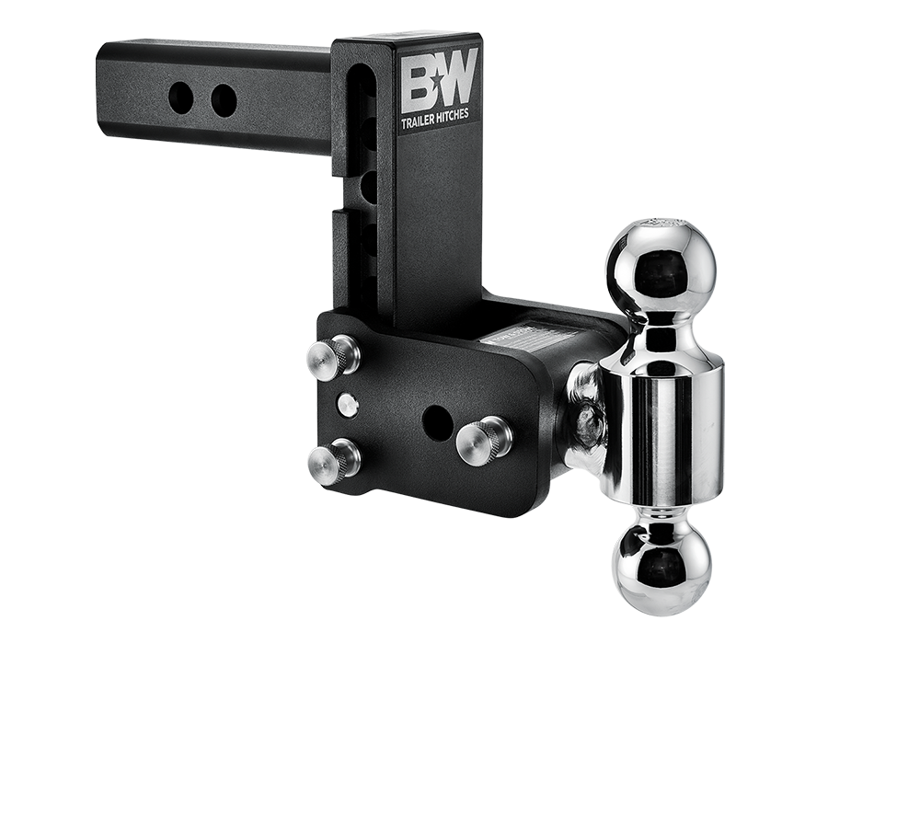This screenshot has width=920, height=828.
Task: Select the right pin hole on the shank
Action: (x=224, y=100)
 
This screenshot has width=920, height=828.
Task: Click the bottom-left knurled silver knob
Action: (x=334, y=457)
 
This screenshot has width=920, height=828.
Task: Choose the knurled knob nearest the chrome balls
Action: (x=480, y=438)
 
